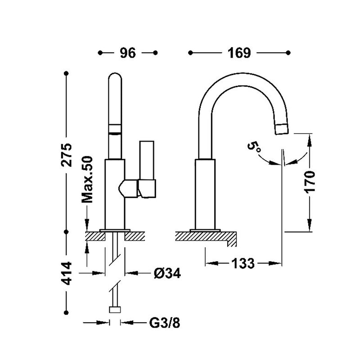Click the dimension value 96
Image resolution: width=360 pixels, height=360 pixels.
pos(128,53)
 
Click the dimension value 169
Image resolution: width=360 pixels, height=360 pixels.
pos(238,53)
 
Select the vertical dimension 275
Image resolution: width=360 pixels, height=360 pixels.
pos(67,155)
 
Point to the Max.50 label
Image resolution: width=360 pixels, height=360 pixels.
pos(87,180)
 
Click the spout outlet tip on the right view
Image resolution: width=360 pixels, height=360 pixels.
pos(282,129)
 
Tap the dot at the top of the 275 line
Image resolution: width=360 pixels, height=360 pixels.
pos(67,73)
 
